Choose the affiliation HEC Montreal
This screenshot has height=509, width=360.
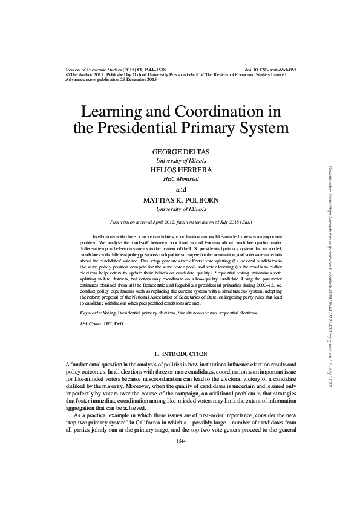pyautogui.click(x=180, y=180)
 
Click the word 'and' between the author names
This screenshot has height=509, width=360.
pyautogui.click(x=180, y=189)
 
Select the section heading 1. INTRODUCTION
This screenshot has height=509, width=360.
pyautogui.click(x=180, y=354)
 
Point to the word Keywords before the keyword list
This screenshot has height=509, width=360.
pyautogui.click(x=91, y=313)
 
